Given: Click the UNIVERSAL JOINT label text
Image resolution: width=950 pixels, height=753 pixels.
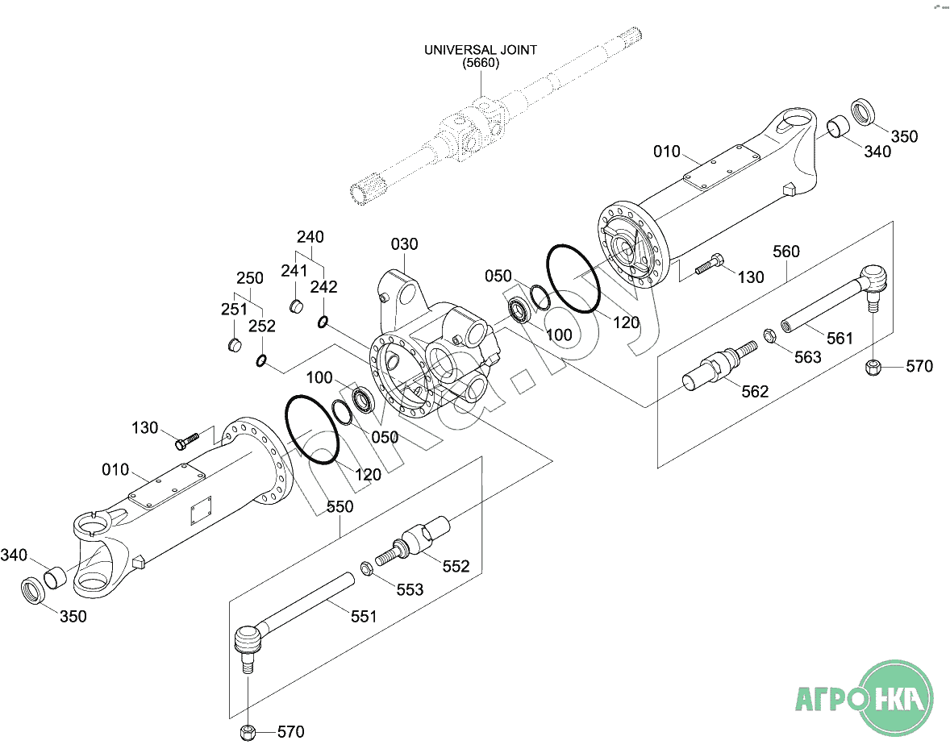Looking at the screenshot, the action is coord(481,50).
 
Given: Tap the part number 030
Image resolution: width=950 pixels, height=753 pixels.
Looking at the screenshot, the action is coord(404,244).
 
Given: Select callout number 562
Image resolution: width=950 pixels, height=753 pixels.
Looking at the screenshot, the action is coord(755,392).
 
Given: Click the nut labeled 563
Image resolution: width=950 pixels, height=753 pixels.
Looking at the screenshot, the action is coord(769,335).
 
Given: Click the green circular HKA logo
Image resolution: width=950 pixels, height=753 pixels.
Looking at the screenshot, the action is coord(897,698).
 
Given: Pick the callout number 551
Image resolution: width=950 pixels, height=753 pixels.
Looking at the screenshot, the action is coord(364,617).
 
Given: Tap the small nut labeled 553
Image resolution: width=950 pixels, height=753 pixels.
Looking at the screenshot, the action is coord(367,568).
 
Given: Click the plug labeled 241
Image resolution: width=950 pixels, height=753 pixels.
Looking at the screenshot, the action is coord(295,306).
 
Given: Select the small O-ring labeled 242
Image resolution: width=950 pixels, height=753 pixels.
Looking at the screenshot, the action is coord(323,322).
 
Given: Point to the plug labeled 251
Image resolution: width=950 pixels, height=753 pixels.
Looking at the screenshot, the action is coord(235,345).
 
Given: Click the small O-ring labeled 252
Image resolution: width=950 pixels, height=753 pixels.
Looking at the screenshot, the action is coord(261,361).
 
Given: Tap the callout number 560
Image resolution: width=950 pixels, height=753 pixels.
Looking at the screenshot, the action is coord(786,252).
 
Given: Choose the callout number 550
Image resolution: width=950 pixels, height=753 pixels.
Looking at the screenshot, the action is coord(340,506).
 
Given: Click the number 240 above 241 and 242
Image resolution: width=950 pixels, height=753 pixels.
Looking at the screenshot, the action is coord(310,237).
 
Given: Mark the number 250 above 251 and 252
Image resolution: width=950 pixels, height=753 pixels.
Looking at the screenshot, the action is coord(250,278).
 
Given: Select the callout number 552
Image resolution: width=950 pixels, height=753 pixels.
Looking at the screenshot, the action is coord(456,567).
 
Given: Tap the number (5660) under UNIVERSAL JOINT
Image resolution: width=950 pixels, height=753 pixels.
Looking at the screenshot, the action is coord(481,63).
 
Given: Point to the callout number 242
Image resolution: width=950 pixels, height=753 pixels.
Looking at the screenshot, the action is coord(323,287).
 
